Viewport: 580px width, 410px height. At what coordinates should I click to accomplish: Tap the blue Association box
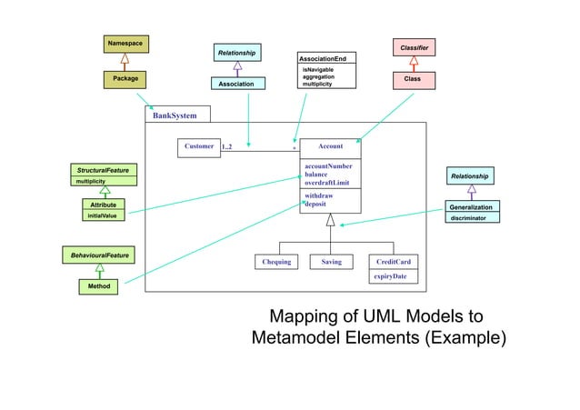click(x=238, y=85)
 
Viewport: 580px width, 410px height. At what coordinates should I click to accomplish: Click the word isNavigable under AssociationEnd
click(x=318, y=69)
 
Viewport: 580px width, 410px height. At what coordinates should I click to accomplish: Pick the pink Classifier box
click(x=414, y=45)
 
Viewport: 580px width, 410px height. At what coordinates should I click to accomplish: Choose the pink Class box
click(x=414, y=80)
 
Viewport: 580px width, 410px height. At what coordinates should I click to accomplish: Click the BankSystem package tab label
click(x=175, y=115)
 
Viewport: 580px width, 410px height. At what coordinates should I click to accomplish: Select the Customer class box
click(x=199, y=146)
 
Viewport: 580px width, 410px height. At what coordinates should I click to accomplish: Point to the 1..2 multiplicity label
click(x=227, y=146)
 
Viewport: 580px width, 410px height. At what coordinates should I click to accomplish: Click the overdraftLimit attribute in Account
click(x=327, y=183)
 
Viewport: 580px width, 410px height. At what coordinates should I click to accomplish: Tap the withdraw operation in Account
click(x=318, y=195)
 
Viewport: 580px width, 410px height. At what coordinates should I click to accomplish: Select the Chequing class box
click(x=276, y=262)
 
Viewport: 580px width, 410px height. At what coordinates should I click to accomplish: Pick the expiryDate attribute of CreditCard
click(x=390, y=276)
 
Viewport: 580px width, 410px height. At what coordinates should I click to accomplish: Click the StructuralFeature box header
click(x=102, y=170)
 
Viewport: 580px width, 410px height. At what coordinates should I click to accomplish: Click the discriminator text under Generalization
click(x=473, y=218)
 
